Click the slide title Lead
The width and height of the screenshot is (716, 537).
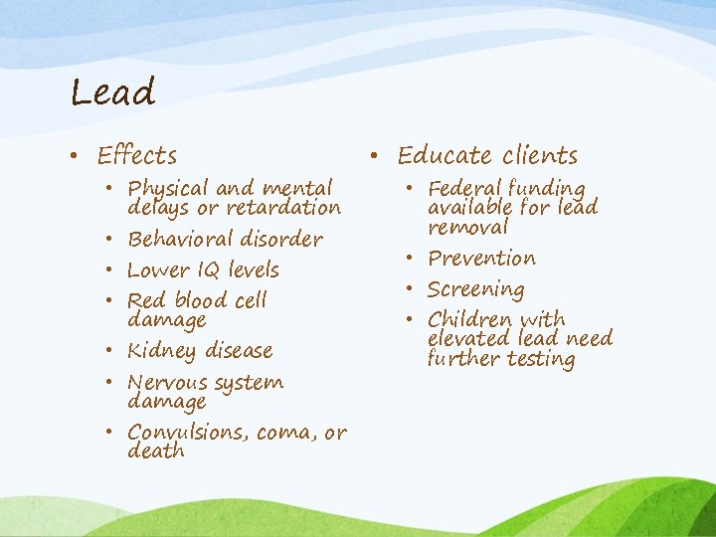click(x=113, y=92)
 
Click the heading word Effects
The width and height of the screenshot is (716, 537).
click(x=137, y=156)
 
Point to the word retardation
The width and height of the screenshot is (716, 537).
click(x=282, y=208)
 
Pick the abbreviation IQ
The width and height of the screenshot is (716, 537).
click(x=208, y=269)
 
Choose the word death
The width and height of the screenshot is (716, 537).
click(x=156, y=451)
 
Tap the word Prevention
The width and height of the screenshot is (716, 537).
click(x=481, y=259)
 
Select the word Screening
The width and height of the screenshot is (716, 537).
click(x=475, y=290)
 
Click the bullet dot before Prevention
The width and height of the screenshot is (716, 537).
click(x=414, y=259)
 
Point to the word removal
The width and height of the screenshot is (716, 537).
click(x=467, y=228)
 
